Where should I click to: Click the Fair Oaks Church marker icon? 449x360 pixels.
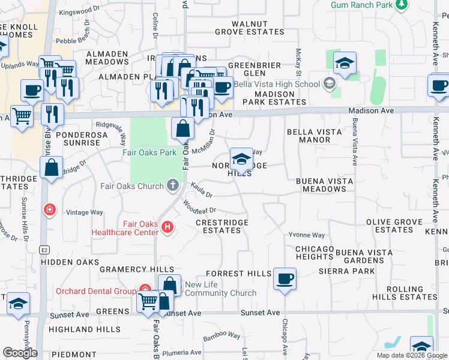point(173,185)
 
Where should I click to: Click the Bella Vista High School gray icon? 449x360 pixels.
point(329,84)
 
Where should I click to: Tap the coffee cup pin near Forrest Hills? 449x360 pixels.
point(285,280)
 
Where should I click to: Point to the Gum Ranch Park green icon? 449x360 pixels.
point(401,5)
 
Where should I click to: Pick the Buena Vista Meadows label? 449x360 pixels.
point(324,185)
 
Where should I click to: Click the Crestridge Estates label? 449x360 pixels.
point(222,226)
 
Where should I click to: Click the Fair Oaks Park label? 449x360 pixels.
point(149,152)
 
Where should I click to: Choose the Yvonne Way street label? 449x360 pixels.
point(306,235)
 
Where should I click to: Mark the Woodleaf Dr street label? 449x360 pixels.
point(199,210)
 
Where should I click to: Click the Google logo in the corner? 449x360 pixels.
point(20,353)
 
